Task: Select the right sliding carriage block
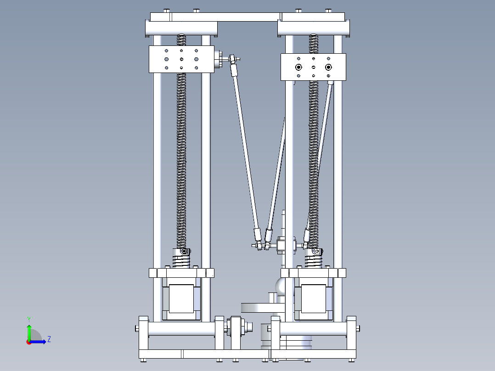pos(313,67)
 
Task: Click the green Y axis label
pos(28,319)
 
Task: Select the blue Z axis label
pos(49,339)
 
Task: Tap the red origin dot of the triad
pos(28,342)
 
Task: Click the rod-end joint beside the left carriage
pos(233,59)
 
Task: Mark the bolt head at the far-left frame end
pos(136,328)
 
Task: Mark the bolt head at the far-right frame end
pos(358,328)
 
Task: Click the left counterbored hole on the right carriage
pos(299,67)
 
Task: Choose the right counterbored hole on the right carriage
pos(328,67)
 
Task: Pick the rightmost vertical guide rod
pos(338,174)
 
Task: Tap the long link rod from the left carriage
pos(246,147)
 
